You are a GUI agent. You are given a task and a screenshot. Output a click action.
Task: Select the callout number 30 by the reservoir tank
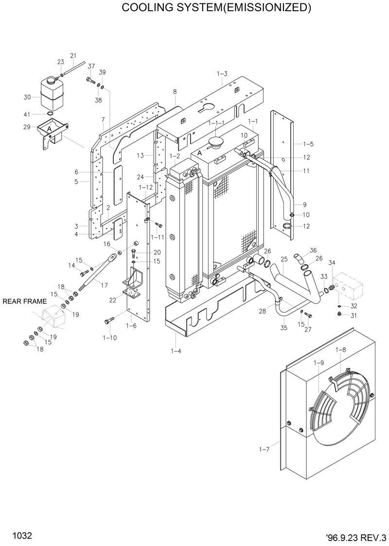click(x=27, y=97)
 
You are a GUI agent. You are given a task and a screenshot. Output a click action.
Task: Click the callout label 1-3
click(x=222, y=73)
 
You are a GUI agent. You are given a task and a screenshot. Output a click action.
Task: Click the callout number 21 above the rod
click(x=73, y=55)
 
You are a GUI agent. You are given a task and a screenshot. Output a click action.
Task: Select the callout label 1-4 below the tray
click(x=176, y=351)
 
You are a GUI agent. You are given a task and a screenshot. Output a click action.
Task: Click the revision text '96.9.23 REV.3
click(x=356, y=537)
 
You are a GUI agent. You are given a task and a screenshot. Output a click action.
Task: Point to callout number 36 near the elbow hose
click(x=313, y=250)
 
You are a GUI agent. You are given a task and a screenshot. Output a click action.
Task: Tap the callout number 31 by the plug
click(x=354, y=316)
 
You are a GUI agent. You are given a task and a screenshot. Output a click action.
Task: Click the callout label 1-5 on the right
click(x=308, y=144)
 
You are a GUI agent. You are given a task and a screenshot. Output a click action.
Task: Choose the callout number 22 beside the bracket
click(x=112, y=300)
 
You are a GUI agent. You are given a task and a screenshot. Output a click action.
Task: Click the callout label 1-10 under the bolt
click(x=110, y=337)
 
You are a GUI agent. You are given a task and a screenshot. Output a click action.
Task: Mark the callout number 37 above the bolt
click(x=91, y=66)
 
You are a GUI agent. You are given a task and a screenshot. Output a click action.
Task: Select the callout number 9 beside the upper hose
click(x=304, y=204)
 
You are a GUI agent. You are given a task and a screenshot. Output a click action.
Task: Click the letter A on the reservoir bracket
click(x=49, y=128)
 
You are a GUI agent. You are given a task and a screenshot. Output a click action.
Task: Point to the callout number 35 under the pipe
click(x=283, y=328)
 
